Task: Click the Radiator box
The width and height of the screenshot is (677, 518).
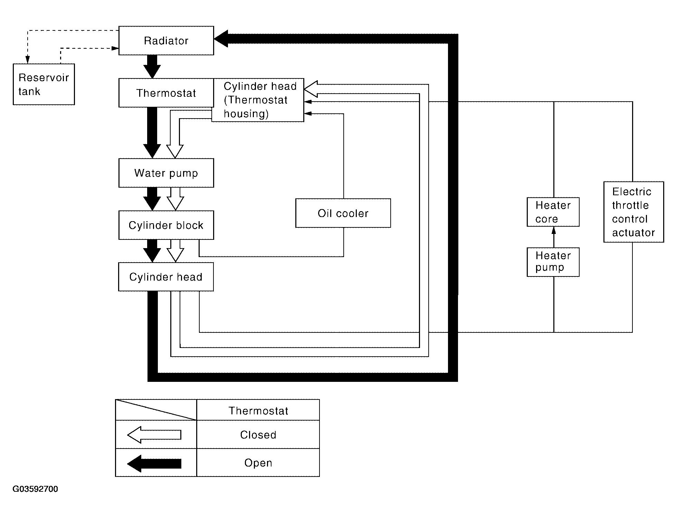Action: (x=166, y=40)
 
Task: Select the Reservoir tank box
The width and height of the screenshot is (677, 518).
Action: (x=44, y=84)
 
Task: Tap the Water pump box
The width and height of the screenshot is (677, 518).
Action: (x=166, y=173)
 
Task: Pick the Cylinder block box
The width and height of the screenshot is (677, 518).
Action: (x=166, y=225)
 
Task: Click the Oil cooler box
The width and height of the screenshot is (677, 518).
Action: (x=343, y=213)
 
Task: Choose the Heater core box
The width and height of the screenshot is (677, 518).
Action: (x=553, y=212)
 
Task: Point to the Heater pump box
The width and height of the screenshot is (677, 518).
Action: (x=553, y=262)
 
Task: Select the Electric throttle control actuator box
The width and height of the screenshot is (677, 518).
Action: (x=633, y=212)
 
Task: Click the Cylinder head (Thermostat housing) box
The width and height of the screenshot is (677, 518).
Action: (x=258, y=100)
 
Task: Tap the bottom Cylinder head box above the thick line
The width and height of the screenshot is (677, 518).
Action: (x=166, y=277)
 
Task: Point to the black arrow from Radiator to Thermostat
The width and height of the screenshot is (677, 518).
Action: (x=152, y=67)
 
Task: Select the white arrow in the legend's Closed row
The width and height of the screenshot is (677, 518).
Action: (x=154, y=434)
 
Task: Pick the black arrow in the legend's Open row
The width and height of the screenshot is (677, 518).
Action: (x=154, y=463)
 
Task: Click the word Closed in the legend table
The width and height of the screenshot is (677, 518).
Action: (x=258, y=435)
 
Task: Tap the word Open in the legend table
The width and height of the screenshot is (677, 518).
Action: (x=258, y=463)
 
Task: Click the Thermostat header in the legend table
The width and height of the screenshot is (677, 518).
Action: (x=258, y=411)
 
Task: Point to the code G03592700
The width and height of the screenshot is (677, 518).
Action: (x=35, y=489)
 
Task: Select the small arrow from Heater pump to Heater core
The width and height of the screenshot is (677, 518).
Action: (x=554, y=237)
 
